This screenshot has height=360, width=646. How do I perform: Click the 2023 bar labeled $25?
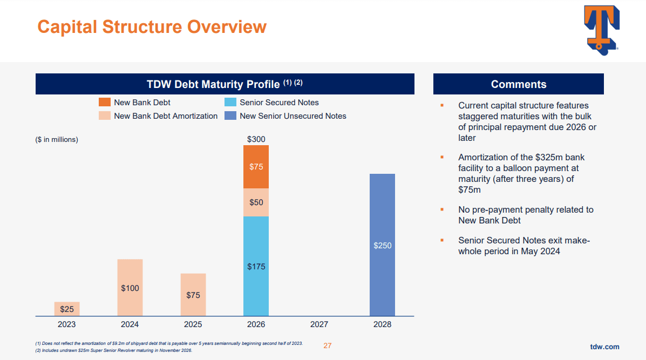pos(67,309)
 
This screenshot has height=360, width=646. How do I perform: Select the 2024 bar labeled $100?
pos(130,288)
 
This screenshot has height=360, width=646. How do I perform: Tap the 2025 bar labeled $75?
pos(193,295)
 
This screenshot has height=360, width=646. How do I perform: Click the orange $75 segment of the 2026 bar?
pos(256,167)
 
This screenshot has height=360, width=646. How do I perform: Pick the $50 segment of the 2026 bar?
pos(256,202)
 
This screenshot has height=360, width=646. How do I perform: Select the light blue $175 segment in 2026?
pos(256,266)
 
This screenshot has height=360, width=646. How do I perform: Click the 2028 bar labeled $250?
pos(382,245)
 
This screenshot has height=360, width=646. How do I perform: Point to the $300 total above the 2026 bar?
pos(256,139)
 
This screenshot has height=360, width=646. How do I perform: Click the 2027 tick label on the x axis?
pos(319,324)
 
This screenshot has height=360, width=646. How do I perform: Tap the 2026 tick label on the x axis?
pos(256,324)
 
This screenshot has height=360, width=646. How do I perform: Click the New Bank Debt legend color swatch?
pos(105,103)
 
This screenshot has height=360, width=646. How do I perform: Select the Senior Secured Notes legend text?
pos(279,103)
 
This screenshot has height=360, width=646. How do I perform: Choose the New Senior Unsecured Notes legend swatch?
pos(230,116)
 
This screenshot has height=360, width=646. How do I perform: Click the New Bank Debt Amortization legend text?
pos(166,116)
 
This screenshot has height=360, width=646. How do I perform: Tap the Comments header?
pos(518,84)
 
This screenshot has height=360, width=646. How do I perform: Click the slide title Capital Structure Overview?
pos(152,26)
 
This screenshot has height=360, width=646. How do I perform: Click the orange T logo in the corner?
pos(601,30)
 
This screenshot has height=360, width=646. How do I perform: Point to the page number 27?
pos(328,345)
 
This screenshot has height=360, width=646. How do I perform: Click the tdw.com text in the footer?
pos(604,347)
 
